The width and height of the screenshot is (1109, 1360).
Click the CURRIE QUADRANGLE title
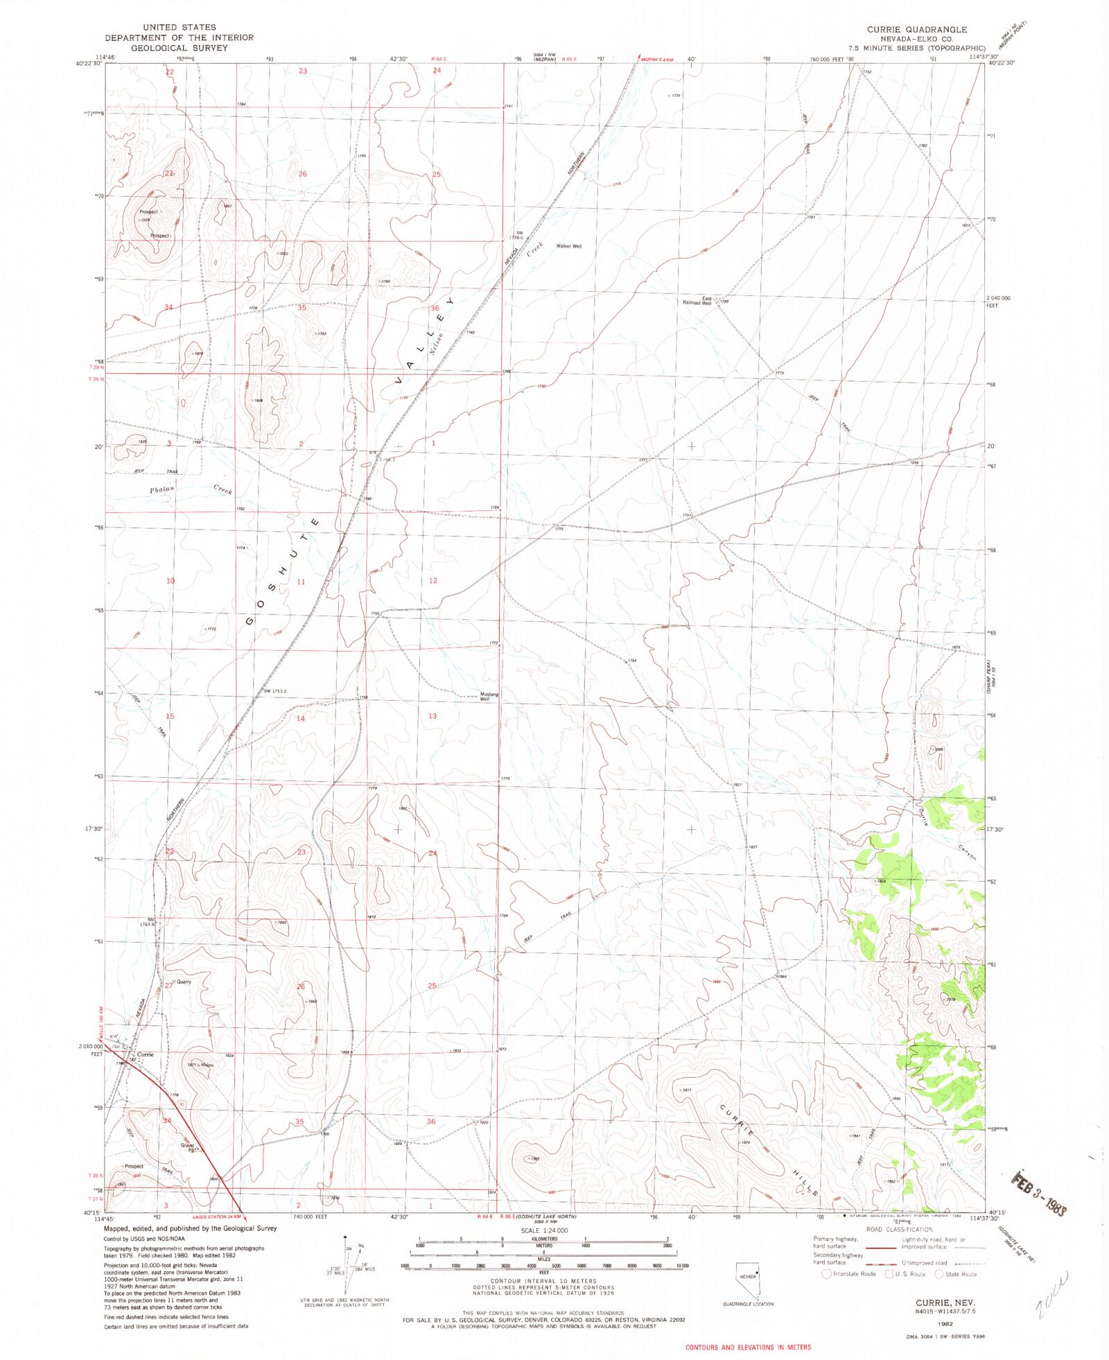pos(916,30)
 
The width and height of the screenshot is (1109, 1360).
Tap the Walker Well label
pos(568,246)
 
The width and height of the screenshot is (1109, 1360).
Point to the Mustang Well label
pos(489,696)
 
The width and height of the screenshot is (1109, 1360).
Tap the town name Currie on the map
pos(145,1054)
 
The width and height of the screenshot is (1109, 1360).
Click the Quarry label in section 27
pos(183,982)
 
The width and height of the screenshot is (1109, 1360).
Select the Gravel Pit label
pos(188,1147)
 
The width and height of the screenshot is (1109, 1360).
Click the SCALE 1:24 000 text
pos(543,1230)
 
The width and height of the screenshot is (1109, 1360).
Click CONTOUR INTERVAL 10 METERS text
pos(543,1280)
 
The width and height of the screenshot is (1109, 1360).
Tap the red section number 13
pos(433,715)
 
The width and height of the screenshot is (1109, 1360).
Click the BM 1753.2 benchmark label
pos(274,690)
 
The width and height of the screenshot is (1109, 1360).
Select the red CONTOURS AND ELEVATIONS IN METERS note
pos(748,1347)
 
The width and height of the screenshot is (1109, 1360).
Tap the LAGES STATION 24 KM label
pos(216,1216)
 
